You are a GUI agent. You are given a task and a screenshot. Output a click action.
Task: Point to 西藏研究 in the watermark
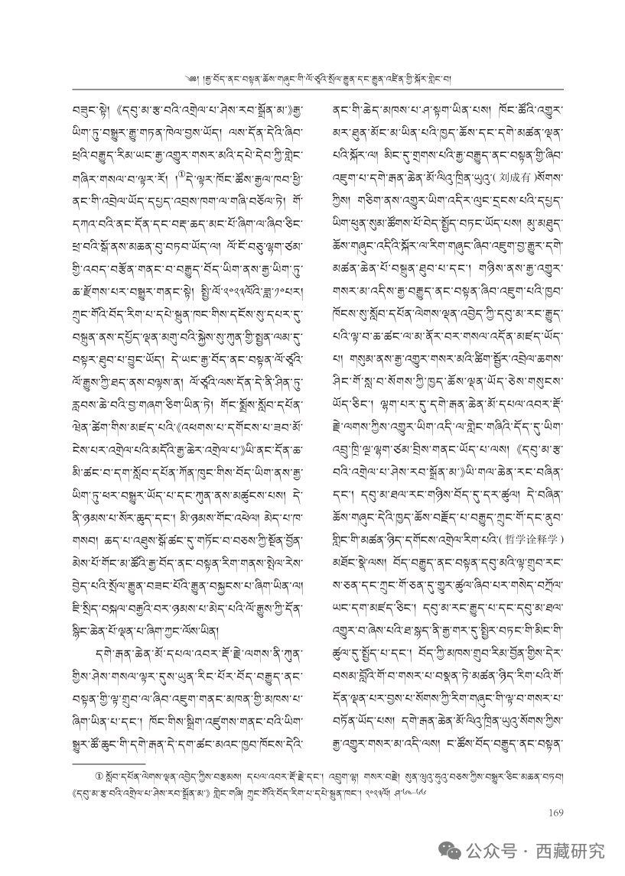(x=571, y=850)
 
